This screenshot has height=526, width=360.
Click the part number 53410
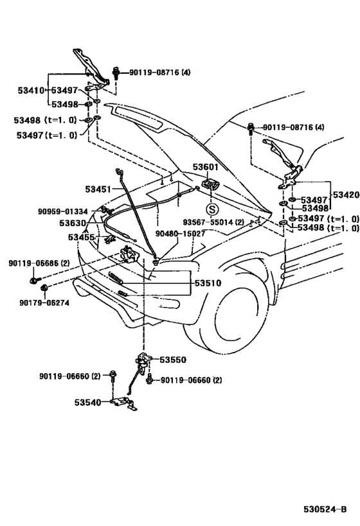pos(31,91)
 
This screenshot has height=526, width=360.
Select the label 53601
pos(206,167)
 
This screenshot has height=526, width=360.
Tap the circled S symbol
pos(212,210)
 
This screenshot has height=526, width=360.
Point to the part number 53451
pos(98,189)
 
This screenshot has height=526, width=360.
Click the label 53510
pos(208,283)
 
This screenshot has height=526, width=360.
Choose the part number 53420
pos(346,195)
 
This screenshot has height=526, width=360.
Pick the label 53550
pos(173,360)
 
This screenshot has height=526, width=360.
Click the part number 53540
pos(87,402)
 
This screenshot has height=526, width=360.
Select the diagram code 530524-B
pos(325,509)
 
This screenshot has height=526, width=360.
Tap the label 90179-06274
pos(44,302)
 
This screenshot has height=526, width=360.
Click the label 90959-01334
pos(63,212)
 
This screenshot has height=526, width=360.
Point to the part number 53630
pos(73,223)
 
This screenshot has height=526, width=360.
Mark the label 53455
pos(81,237)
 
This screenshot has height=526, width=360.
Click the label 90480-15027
pos(181,234)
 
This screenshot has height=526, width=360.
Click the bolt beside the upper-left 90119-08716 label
pos(116,73)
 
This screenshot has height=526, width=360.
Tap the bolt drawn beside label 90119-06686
pos(35,279)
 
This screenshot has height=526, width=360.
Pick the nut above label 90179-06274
pos(44,288)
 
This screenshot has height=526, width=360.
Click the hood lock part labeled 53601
pos(210,184)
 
